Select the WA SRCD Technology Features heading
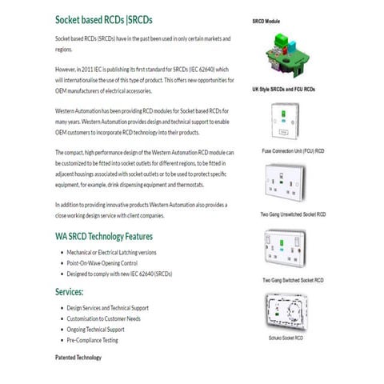tap(104, 236)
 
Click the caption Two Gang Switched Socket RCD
tap(291, 281)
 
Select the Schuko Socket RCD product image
tap(286, 311)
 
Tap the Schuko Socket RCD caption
tap(286, 339)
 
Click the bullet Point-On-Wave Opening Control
tap(102, 263)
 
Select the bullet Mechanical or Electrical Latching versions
tap(111, 253)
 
